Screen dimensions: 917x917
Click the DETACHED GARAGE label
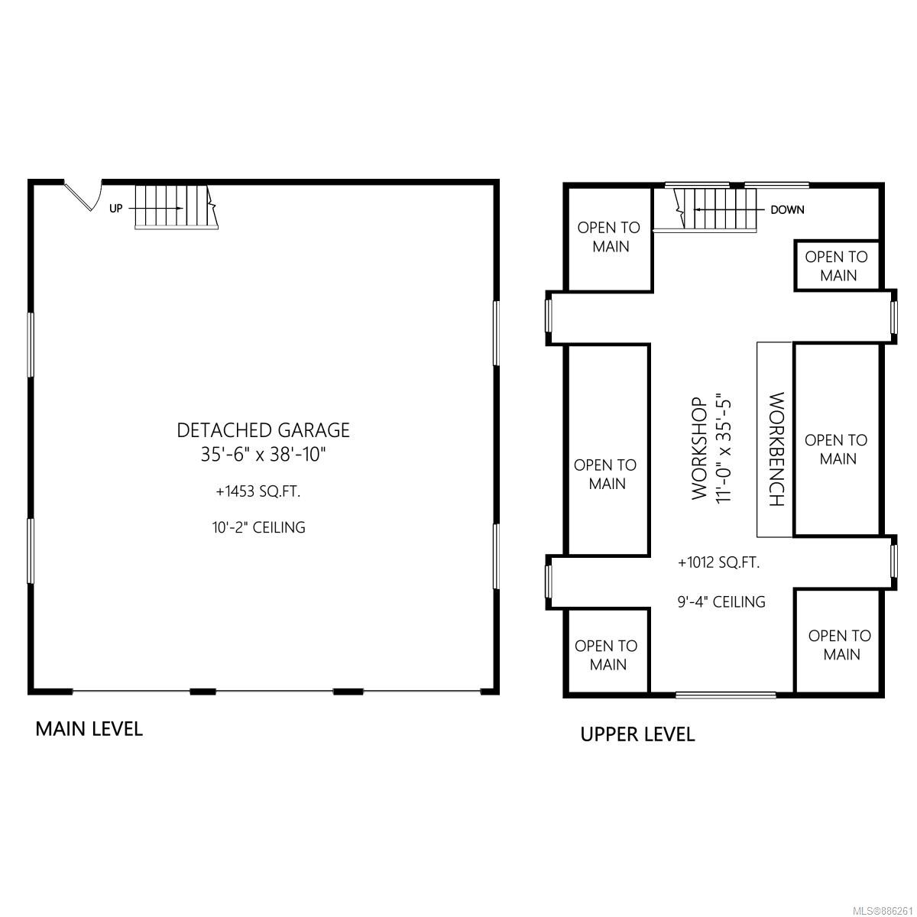tap(263, 430)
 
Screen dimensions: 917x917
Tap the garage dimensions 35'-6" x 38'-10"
tap(263, 455)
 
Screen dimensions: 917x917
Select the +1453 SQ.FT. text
tap(258, 491)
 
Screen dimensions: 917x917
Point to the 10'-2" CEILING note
tap(259, 527)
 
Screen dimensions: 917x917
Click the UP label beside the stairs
tap(115, 209)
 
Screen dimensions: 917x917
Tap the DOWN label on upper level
tap(788, 209)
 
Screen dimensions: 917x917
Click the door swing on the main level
tap(84, 196)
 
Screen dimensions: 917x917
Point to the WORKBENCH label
tap(776, 449)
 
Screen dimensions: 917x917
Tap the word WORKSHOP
tap(699, 449)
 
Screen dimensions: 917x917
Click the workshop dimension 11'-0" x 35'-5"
tap(722, 448)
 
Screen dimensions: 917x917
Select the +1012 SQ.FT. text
tap(718, 562)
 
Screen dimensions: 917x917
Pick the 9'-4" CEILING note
tap(721, 601)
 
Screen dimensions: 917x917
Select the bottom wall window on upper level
tap(726, 695)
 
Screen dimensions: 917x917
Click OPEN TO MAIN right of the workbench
tap(836, 449)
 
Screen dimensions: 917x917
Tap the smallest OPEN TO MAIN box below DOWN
tap(837, 266)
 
